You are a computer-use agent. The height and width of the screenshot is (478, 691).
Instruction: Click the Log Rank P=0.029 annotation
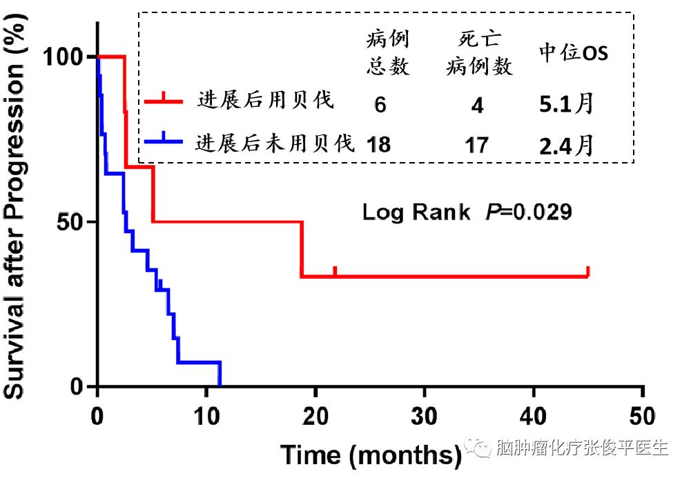467,212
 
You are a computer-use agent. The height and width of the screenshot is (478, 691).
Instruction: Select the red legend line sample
164,101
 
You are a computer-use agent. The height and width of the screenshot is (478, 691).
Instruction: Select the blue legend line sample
164,142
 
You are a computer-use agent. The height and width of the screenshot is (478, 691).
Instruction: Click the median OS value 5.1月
566,104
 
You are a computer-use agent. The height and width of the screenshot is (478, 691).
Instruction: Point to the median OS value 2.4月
566,145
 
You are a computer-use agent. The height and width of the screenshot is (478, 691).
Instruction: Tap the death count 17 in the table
477,145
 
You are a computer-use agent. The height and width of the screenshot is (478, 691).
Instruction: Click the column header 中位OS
574,54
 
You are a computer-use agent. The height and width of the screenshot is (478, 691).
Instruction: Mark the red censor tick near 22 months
335,271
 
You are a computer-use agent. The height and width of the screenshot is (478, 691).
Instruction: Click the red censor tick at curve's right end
587,271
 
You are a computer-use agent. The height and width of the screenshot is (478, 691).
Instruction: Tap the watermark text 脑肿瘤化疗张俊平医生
583,449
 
